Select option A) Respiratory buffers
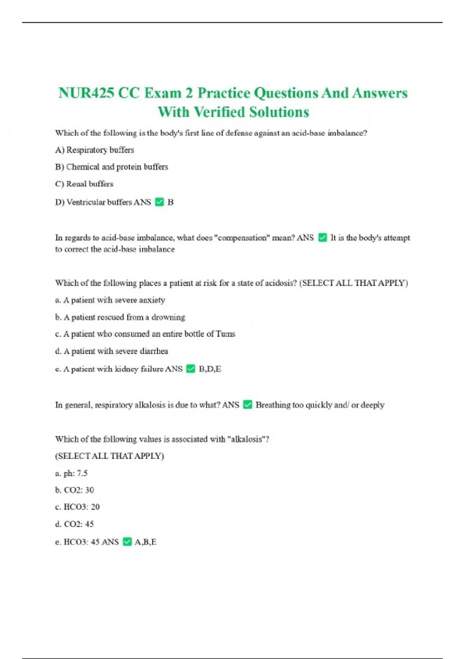pos(95,150)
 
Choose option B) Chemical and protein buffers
pos(112,167)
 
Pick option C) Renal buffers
pos(84,184)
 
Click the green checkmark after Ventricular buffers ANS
pos(159,202)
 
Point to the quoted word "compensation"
pos(242,238)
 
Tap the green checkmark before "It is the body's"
pos(322,237)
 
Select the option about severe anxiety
pos(110,300)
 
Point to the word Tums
pos(226,334)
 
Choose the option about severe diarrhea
pos(112,351)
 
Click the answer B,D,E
pos(210,369)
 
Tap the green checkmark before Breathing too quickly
pos(247,405)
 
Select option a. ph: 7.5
pos(71,473)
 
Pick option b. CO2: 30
pos(74,490)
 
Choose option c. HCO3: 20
pos(77,507)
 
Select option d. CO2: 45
pos(74,524)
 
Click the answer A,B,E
pos(145,542)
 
